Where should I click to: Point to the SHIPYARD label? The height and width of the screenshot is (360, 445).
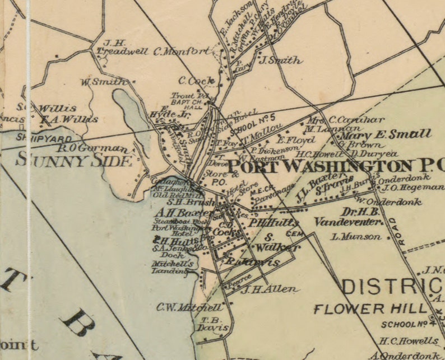(x=36, y=138)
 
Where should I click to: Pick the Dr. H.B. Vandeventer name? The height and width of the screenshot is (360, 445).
(x=349, y=217)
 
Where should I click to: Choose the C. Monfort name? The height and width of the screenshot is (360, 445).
(x=183, y=52)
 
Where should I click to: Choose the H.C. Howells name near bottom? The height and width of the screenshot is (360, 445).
(x=409, y=340)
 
